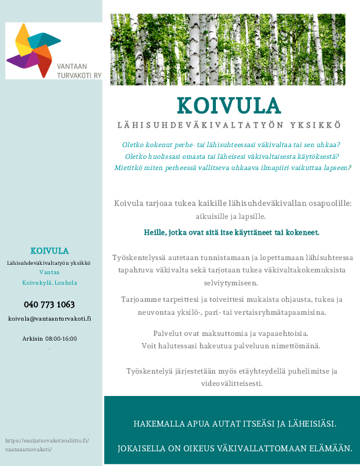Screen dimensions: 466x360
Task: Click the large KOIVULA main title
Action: pyautogui.click(x=229, y=106)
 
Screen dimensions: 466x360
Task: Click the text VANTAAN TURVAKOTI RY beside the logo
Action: pyautogui.click(x=79, y=71)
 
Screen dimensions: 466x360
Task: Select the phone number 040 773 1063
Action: pyautogui.click(x=49, y=304)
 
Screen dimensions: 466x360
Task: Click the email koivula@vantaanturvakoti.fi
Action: pyautogui.click(x=49, y=318)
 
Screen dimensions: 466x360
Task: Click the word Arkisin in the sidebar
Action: pyautogui.click(x=32, y=338)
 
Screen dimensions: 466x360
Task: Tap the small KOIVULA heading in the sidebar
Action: pyautogui.click(x=49, y=251)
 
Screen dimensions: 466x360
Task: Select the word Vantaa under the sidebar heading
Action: pyautogui.click(x=49, y=272)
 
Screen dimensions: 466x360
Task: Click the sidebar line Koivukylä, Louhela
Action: pyautogui.click(x=49, y=282)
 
